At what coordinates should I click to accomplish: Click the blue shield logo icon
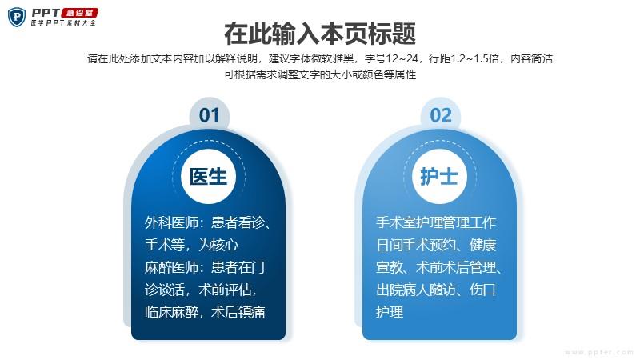[17, 17]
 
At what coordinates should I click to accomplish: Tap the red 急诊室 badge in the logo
[79, 13]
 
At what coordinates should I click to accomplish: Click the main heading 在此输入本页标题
[320, 34]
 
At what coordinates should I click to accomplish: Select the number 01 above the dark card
[209, 115]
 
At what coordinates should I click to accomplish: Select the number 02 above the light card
[441, 115]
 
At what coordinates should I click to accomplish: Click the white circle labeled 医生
[209, 176]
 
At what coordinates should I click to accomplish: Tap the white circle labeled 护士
[439, 176]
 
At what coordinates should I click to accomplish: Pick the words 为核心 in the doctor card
[218, 246]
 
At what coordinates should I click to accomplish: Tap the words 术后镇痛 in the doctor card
[238, 313]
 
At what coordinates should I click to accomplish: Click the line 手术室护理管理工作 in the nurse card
[436, 223]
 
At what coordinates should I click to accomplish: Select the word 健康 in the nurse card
[483, 246]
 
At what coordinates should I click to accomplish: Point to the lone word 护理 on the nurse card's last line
[390, 313]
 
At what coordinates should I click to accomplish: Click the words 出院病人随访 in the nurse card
[416, 290]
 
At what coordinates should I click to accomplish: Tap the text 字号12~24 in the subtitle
[392, 58]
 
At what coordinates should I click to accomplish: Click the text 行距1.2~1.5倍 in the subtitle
[464, 58]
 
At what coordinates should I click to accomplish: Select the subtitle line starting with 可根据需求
[320, 74]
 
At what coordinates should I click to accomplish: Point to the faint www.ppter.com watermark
[598, 352]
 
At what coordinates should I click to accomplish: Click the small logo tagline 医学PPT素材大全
[63, 23]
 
